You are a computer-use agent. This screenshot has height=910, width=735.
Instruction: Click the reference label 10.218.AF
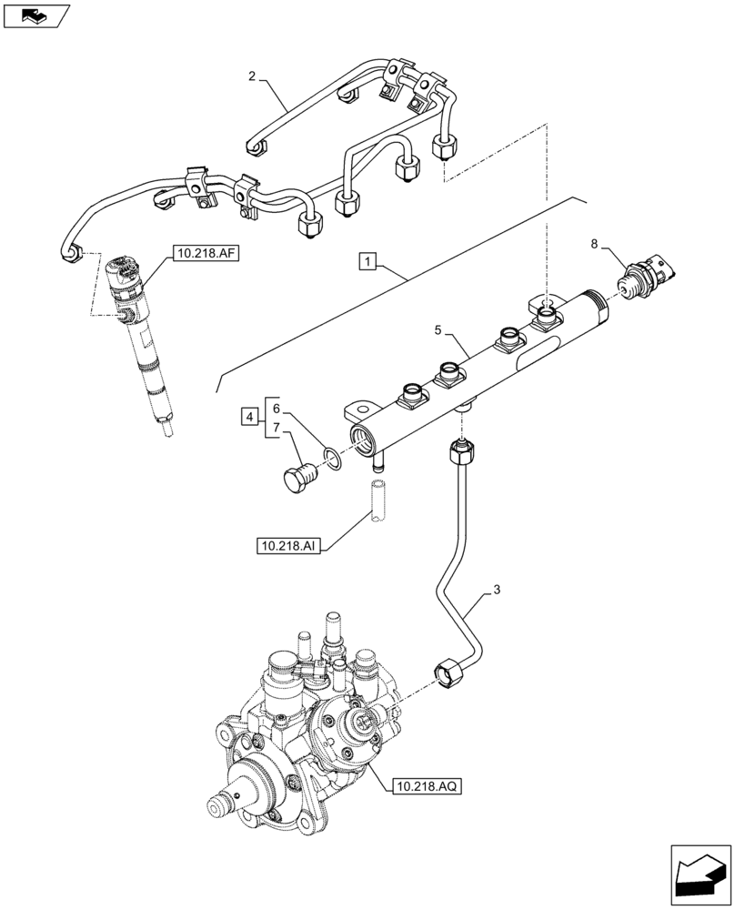(202, 255)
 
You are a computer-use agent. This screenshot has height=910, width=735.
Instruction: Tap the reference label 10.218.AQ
(428, 785)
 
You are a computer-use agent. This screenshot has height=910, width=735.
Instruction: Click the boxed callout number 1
(367, 263)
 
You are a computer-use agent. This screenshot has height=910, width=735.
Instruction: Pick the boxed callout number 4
(248, 417)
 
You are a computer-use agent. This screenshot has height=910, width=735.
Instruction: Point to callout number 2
(252, 76)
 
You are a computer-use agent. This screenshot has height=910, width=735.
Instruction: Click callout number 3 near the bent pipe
(496, 591)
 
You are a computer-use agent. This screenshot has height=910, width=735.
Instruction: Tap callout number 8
(595, 244)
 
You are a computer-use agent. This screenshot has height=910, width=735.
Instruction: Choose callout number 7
(277, 429)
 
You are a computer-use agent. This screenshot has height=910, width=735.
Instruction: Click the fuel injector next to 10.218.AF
(140, 337)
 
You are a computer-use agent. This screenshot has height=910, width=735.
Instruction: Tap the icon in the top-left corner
(36, 15)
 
